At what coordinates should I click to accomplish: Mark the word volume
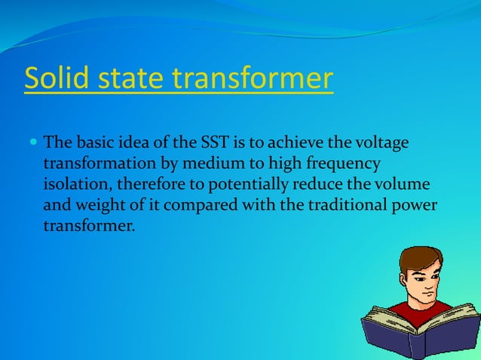pyautogui.click(x=406, y=185)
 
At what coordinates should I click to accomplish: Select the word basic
pyautogui.click(x=92, y=142)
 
